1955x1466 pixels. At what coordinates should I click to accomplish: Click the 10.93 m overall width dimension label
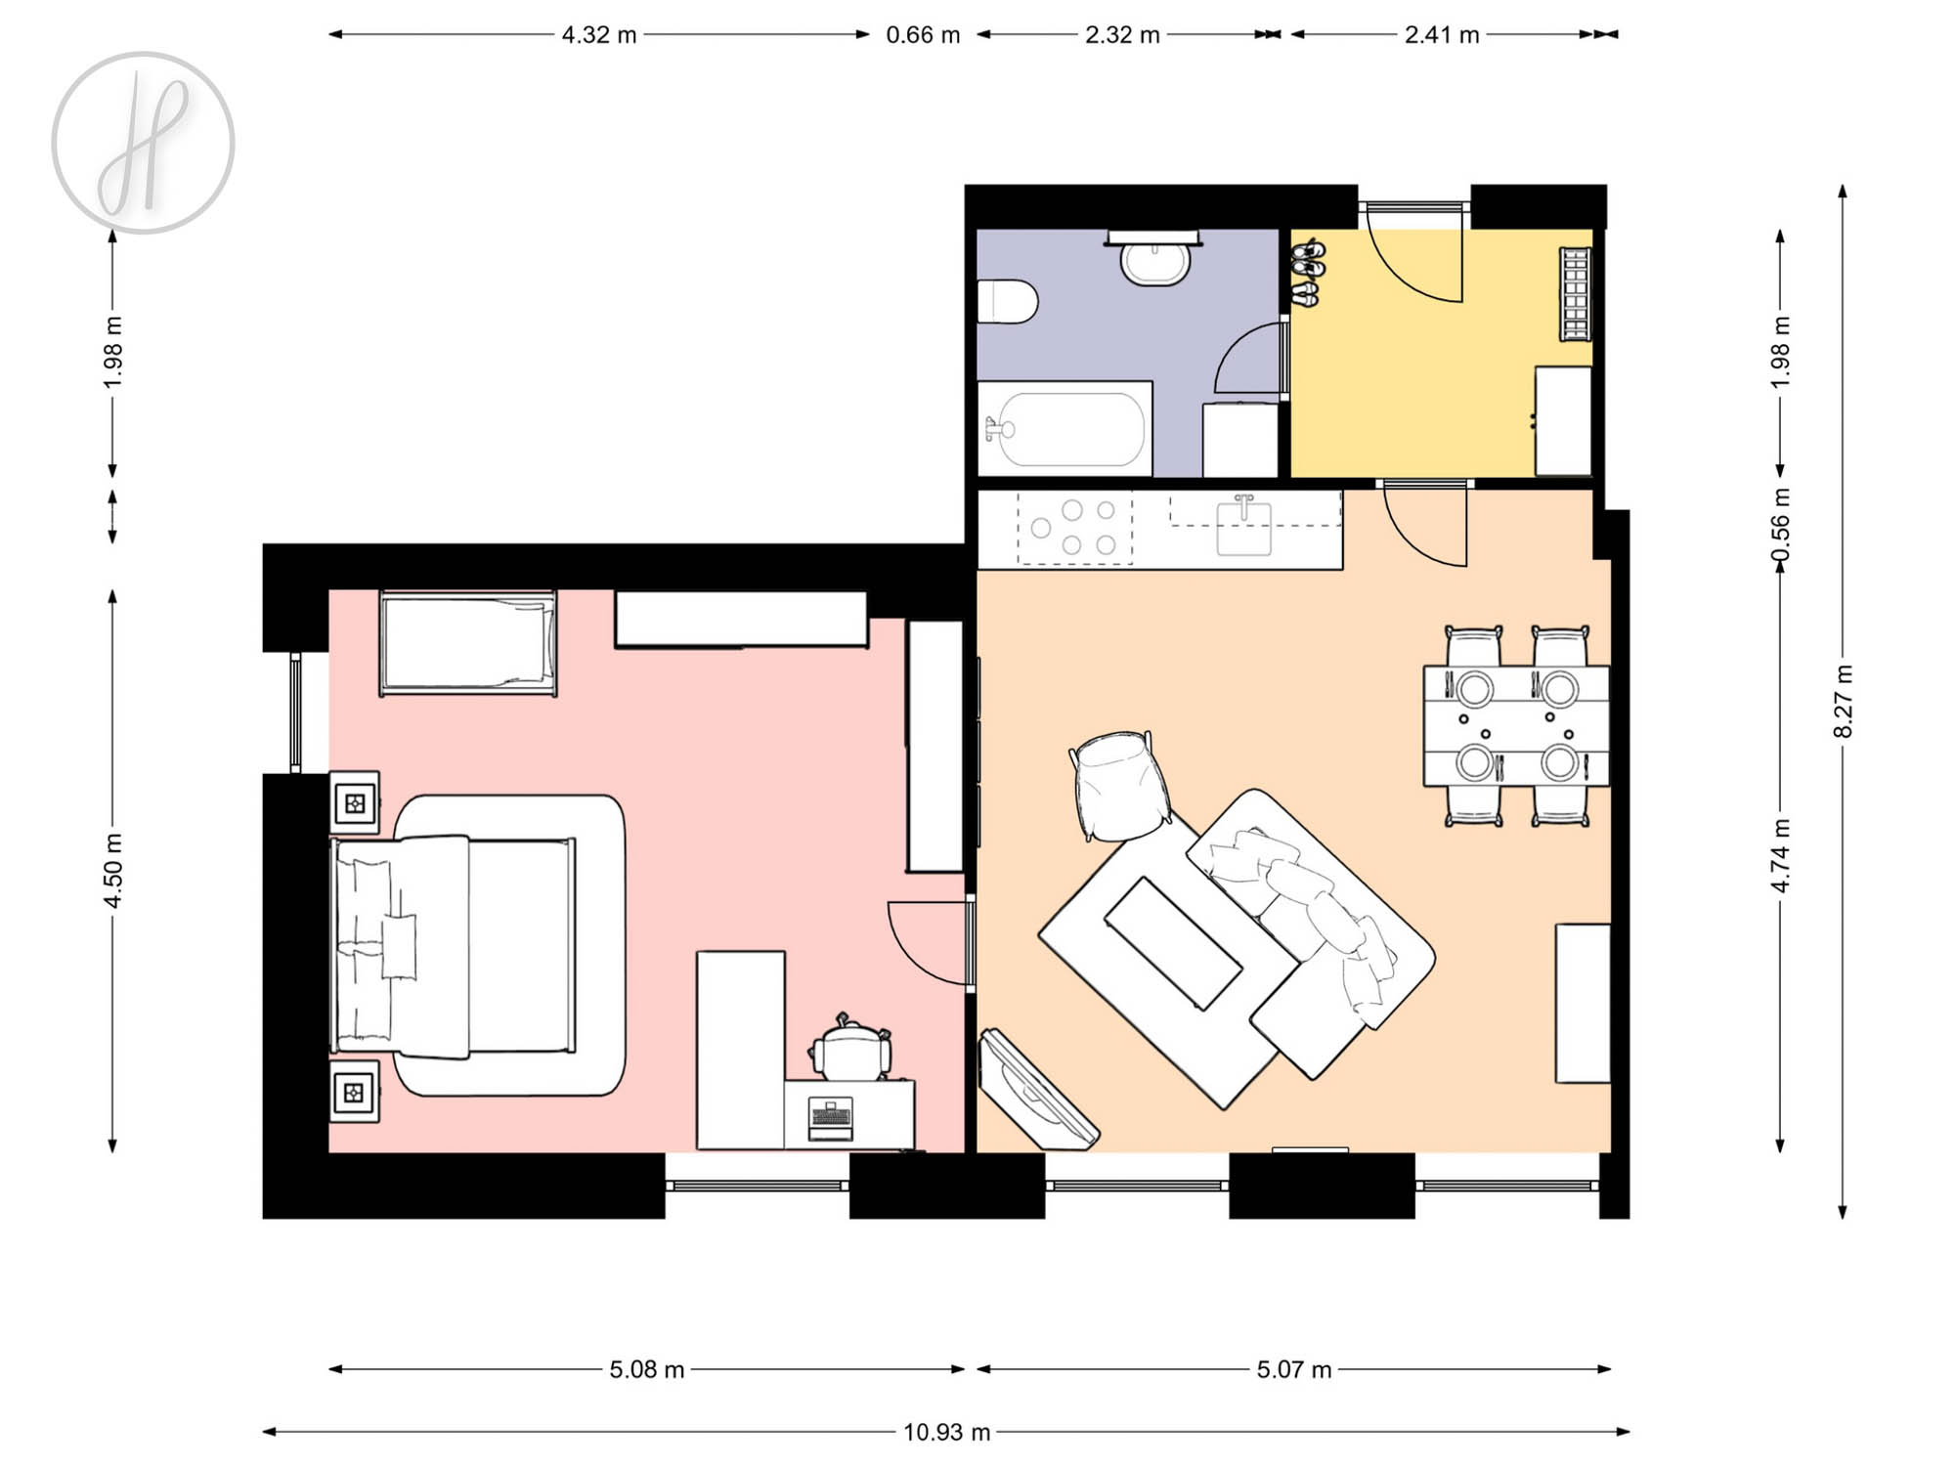tap(946, 1432)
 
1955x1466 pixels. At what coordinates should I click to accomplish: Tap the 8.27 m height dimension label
tap(1843, 702)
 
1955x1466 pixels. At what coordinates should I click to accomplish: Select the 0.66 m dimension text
tap(923, 35)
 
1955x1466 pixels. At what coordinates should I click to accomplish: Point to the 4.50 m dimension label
tap(113, 870)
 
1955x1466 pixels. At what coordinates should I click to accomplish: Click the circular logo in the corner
tap(143, 143)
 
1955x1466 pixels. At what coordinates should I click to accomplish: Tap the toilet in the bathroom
tap(1007, 301)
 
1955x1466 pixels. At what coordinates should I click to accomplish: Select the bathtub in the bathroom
tap(1064, 429)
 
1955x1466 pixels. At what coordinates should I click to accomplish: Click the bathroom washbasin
tap(1154, 260)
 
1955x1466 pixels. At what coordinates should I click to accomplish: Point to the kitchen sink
tap(1243, 527)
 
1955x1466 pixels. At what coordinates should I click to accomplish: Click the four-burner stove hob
tap(1074, 529)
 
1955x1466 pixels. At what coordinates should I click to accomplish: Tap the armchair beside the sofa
tap(1119, 786)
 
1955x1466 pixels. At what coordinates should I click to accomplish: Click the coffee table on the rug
tap(1173, 942)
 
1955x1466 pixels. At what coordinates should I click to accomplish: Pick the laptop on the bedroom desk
tap(831, 1119)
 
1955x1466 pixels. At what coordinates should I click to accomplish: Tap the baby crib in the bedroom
tap(468, 643)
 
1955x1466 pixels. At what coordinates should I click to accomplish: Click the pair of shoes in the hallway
tap(1306, 275)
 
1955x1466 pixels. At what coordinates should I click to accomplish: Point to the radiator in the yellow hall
tap(1575, 294)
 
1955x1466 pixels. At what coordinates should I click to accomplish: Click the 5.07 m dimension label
tap(1294, 1369)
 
